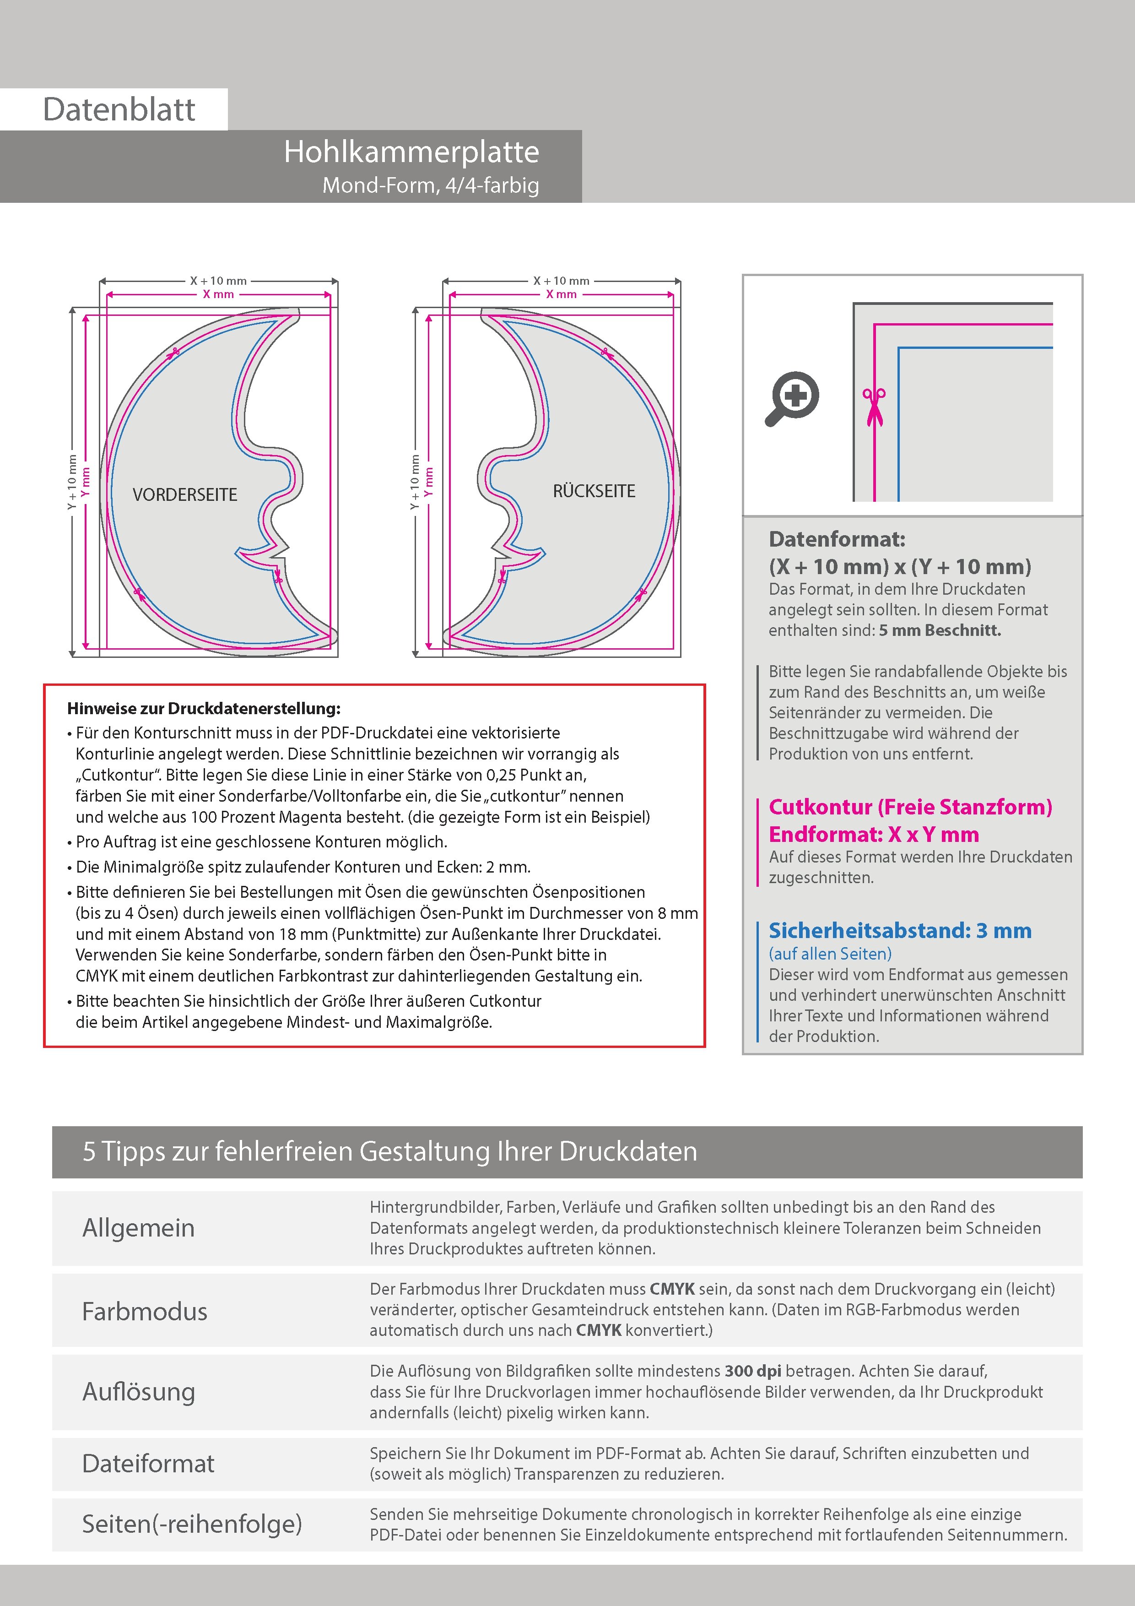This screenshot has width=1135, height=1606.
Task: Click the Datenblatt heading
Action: click(119, 109)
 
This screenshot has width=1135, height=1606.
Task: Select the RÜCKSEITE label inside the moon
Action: click(594, 491)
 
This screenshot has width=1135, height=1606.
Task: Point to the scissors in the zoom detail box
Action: click(874, 407)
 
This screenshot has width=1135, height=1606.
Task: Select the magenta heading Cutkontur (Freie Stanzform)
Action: click(910, 807)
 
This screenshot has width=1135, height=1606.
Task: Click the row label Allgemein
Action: click(139, 1227)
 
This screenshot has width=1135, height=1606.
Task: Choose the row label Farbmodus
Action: click(145, 1311)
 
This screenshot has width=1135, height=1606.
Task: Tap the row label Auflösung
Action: click(139, 1391)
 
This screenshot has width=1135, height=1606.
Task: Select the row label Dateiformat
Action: click(148, 1463)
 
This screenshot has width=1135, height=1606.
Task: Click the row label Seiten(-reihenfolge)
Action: click(192, 1524)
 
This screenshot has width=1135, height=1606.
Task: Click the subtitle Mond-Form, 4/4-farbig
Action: click(430, 185)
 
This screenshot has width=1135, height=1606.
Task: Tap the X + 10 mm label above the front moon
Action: click(218, 281)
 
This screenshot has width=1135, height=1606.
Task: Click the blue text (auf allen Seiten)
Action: click(830, 953)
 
